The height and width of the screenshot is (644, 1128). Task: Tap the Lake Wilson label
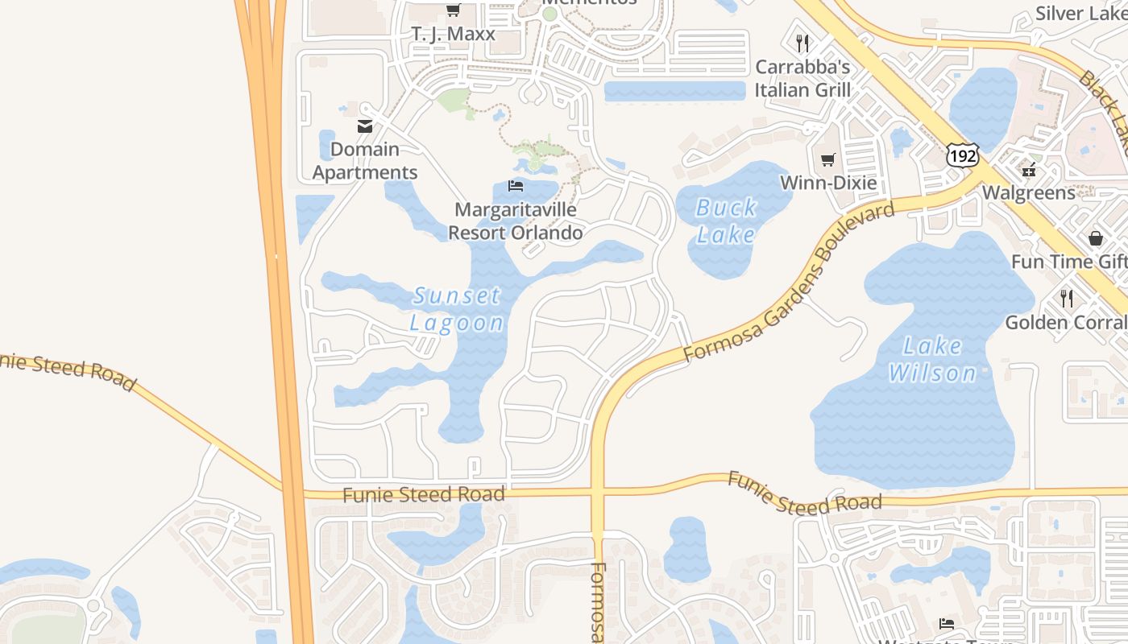coord(932,360)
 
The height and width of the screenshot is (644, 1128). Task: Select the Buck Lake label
coord(727,221)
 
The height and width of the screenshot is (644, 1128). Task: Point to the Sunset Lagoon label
coord(457,309)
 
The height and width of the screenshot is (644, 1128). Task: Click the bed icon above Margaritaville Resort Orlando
coord(516,186)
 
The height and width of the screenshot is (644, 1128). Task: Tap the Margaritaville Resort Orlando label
coord(516,221)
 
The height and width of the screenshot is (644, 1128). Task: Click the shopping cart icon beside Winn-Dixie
coord(828,159)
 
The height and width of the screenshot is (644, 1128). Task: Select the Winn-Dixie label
coord(828,183)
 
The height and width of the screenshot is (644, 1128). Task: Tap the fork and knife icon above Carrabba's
coord(802,43)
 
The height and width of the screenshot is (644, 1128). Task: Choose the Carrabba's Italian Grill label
coord(802,78)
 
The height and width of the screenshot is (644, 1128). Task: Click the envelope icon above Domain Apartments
coord(365,126)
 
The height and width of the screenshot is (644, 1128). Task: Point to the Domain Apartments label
coord(365,161)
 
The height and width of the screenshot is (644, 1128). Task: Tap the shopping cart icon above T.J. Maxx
coord(453,10)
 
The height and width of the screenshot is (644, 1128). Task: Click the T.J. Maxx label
coord(453,35)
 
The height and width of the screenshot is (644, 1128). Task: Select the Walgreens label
coord(1028,192)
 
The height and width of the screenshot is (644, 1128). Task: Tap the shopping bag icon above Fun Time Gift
coord(1095,238)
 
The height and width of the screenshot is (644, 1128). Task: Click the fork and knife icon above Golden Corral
coord(1067,299)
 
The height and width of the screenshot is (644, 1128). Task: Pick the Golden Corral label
coord(1066,323)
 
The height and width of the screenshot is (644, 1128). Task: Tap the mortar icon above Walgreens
coord(1028,169)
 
